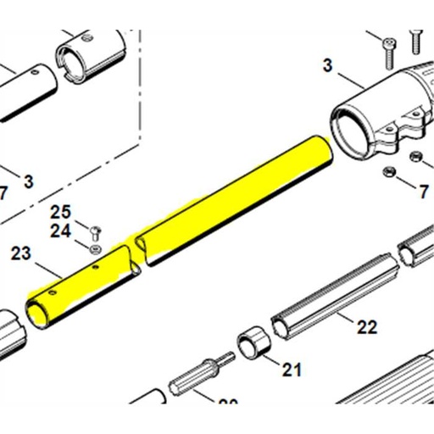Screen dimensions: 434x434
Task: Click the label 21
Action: click(x=292, y=369)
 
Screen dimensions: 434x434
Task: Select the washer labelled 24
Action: click(x=95, y=248)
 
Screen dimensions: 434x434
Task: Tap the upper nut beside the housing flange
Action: click(x=415, y=157)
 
